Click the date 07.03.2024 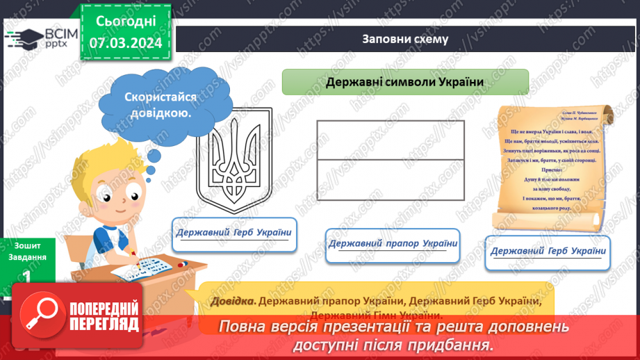(126, 43)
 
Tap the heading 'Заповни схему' (404, 39)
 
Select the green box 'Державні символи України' (405, 82)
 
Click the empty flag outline (390, 161)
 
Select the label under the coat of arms (233, 233)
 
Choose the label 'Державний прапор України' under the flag (393, 244)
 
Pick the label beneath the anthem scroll (548, 251)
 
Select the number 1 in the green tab (26, 275)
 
